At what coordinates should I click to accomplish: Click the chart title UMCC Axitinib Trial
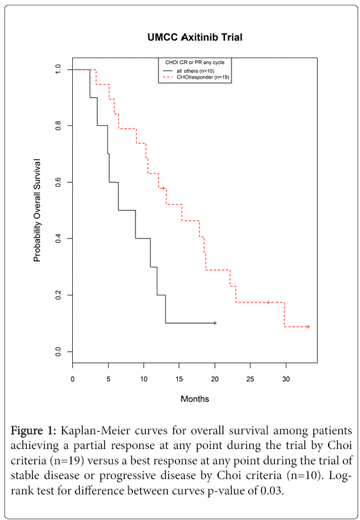click(x=195, y=38)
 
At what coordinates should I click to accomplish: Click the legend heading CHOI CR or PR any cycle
click(x=194, y=61)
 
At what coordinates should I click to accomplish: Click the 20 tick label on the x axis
click(x=215, y=379)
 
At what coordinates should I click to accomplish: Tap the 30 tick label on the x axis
click(x=286, y=379)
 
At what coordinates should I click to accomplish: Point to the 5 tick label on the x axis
click(x=108, y=379)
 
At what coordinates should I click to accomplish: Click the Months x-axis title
click(x=195, y=398)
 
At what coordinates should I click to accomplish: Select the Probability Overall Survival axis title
click(x=37, y=210)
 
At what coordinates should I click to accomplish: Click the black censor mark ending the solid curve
click(x=215, y=323)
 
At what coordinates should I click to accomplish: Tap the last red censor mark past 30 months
click(x=308, y=327)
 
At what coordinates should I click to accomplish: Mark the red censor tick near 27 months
click(x=268, y=302)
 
